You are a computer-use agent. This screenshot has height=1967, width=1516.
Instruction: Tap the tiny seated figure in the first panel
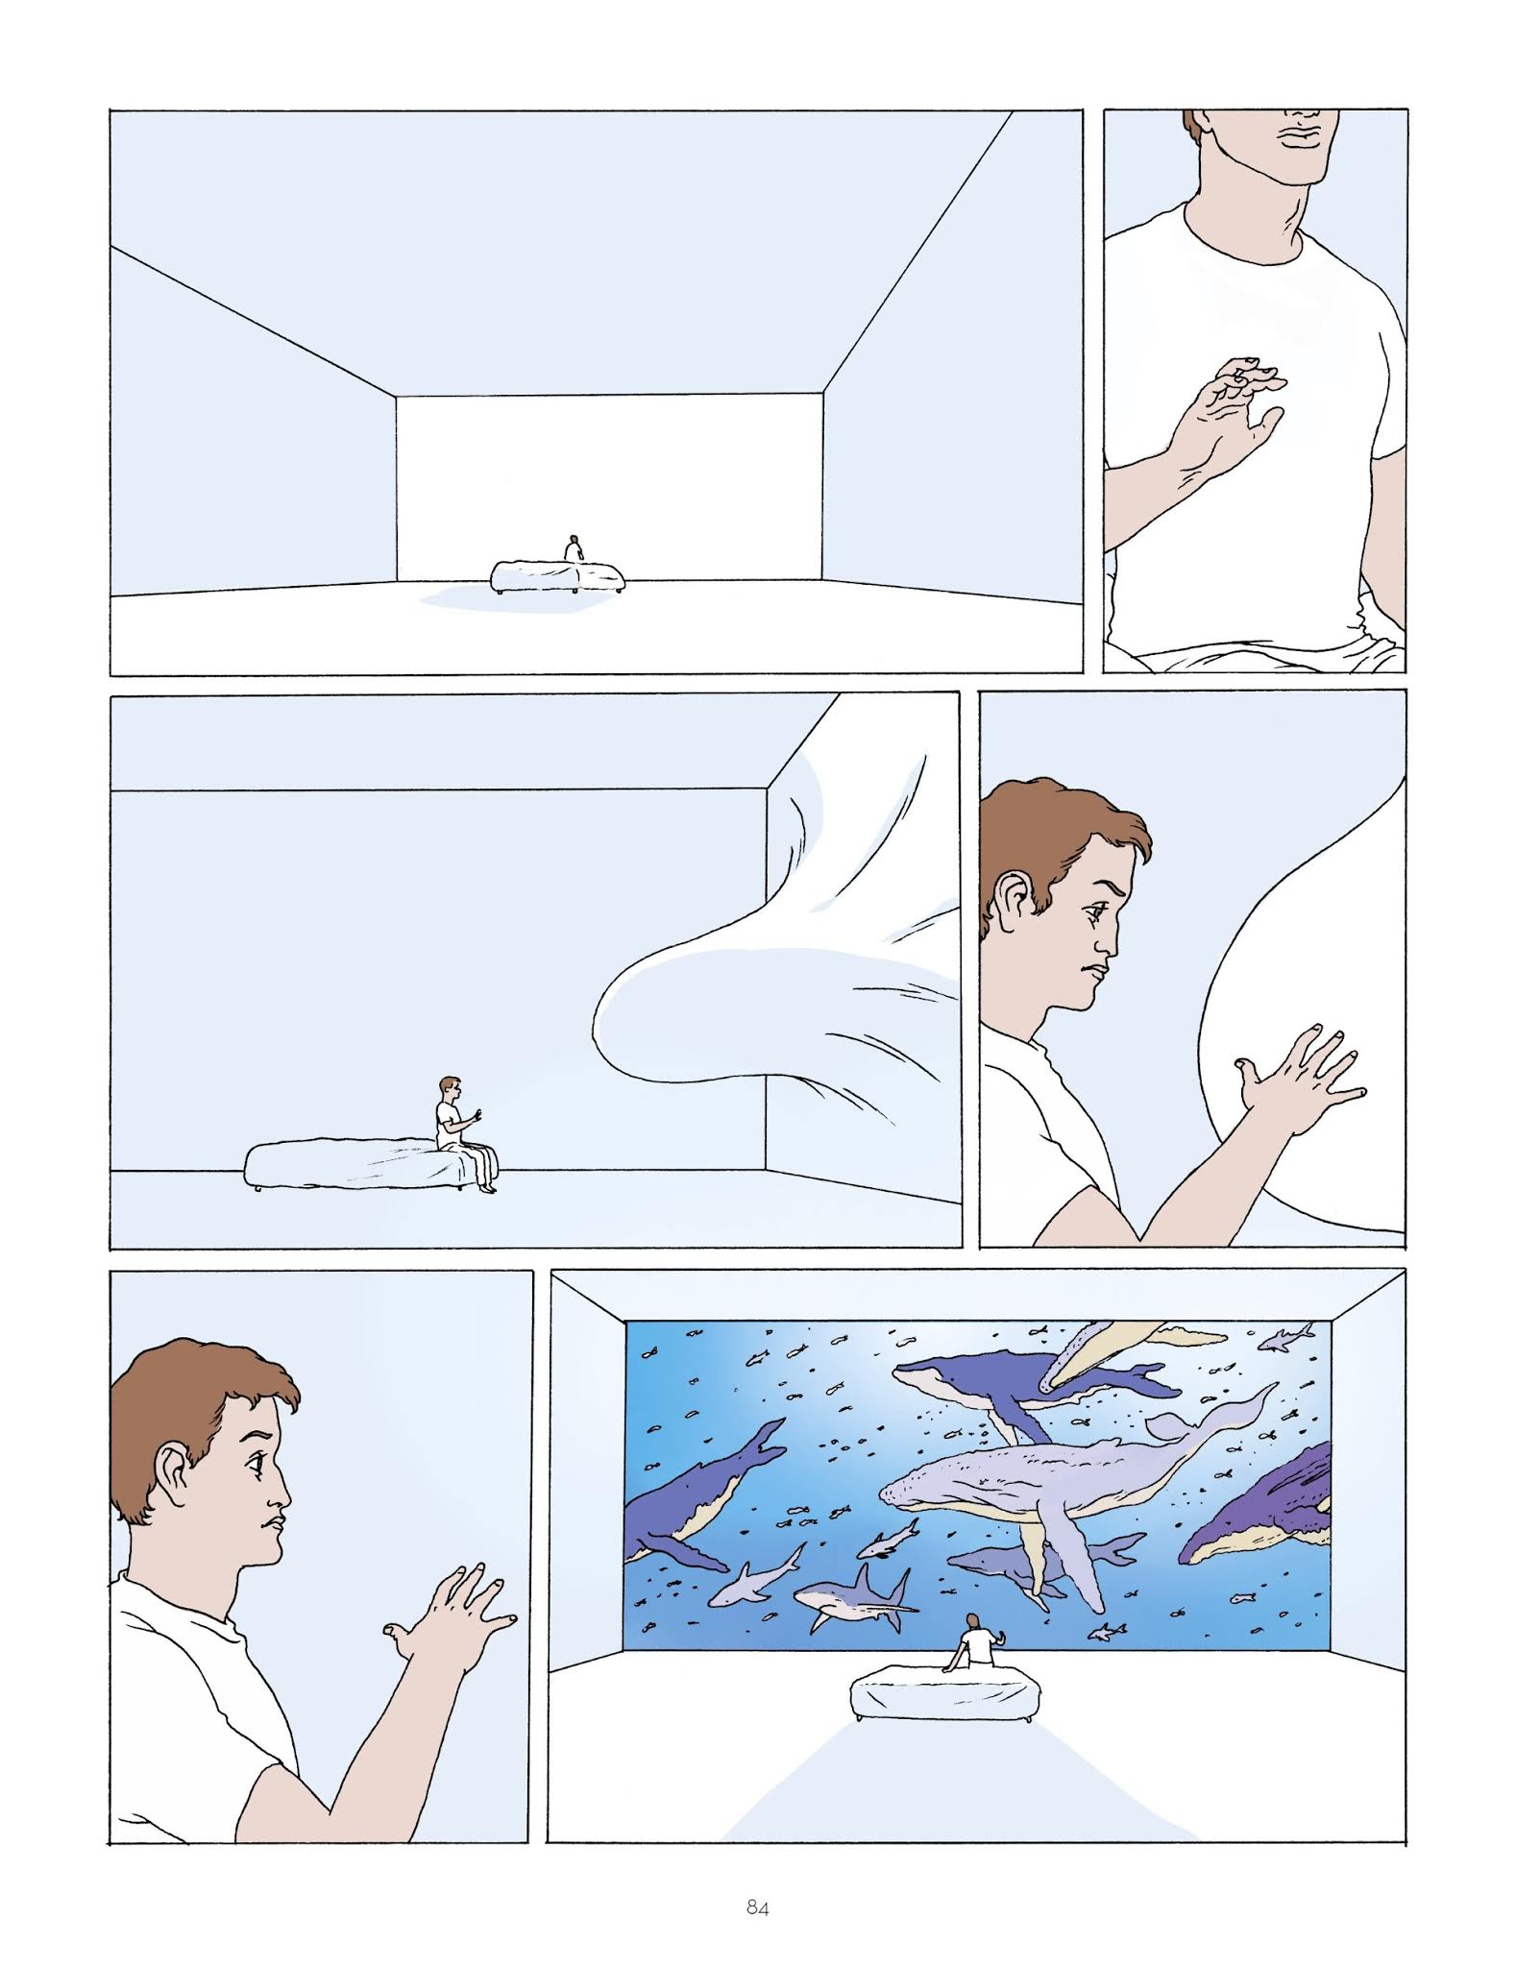[574, 549]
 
